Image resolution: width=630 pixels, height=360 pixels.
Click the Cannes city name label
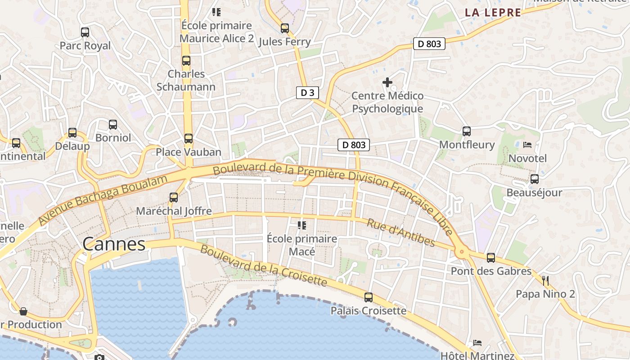(x=114, y=244)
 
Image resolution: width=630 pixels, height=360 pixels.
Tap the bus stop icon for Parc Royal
(x=85, y=32)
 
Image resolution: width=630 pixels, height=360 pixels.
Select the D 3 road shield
(x=308, y=93)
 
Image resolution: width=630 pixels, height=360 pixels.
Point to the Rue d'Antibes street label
(x=401, y=233)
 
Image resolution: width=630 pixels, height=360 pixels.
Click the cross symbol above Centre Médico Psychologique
(x=387, y=82)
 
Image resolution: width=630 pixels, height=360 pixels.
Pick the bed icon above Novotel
(x=527, y=145)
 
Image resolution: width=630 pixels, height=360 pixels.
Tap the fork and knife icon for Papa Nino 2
(x=545, y=281)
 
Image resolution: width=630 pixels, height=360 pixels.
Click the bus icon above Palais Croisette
(x=369, y=297)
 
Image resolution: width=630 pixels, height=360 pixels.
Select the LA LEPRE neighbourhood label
(x=493, y=13)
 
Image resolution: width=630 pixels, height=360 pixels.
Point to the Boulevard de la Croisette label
(x=263, y=265)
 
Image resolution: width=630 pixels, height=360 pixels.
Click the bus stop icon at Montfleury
(x=467, y=131)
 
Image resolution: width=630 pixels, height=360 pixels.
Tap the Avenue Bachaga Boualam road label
(x=103, y=200)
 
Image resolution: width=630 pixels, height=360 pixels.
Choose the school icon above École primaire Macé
(x=301, y=225)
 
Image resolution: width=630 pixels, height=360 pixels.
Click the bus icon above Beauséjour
(x=535, y=179)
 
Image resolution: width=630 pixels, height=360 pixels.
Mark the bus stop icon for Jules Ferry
(x=285, y=28)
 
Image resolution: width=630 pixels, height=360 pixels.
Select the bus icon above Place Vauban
(x=189, y=139)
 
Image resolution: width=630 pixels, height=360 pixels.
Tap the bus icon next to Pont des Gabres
(x=491, y=258)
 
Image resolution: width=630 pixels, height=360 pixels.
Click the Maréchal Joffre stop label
(x=174, y=211)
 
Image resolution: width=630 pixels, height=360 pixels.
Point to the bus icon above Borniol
(x=113, y=125)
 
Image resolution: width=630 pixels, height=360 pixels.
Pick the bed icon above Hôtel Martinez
(x=477, y=343)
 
